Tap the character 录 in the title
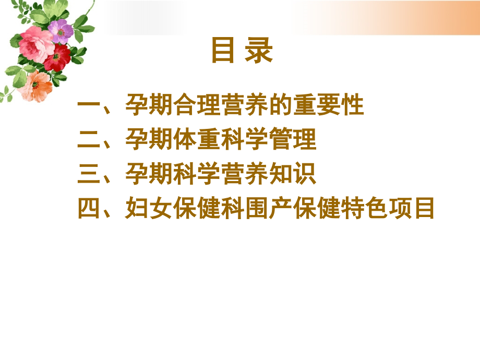(x=259, y=51)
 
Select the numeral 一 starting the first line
(x=89, y=106)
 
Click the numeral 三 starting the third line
(x=89, y=174)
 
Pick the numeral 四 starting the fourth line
(x=89, y=209)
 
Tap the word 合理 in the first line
(x=209, y=106)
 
